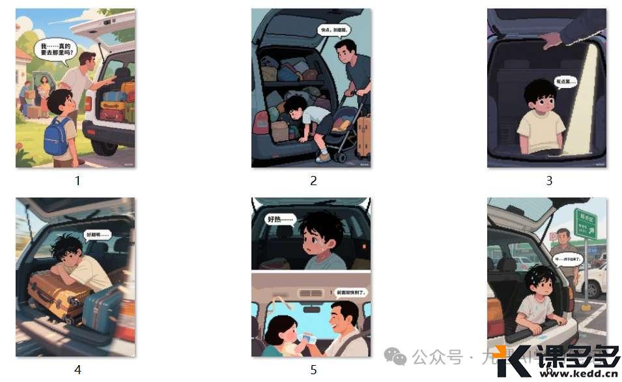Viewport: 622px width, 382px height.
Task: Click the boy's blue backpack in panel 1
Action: click(57, 136)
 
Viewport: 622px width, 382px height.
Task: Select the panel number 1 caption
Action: click(77, 181)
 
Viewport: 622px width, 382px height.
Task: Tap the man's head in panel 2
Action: click(345, 50)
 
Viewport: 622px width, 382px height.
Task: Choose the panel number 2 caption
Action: click(313, 181)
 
